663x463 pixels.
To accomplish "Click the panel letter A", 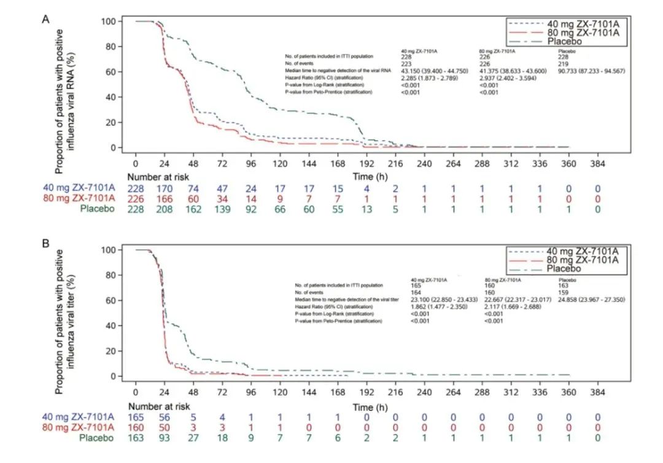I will (x=45, y=19).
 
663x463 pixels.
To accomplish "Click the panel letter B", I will (x=45, y=244).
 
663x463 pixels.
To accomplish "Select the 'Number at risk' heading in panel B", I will (x=159, y=406).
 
